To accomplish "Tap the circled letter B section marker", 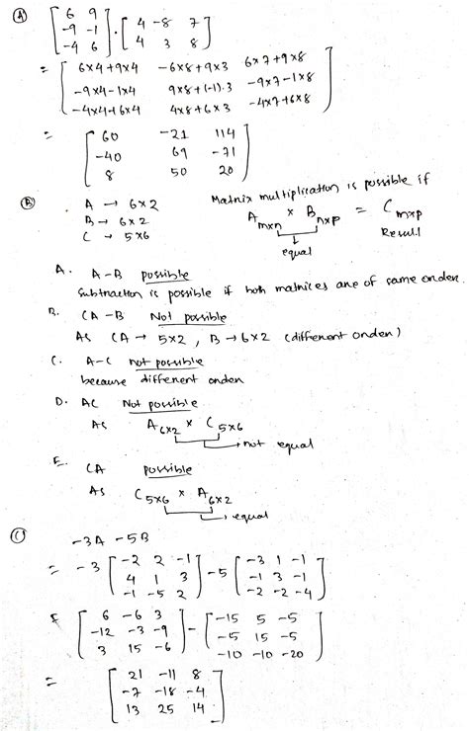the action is pyautogui.click(x=29, y=204).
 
